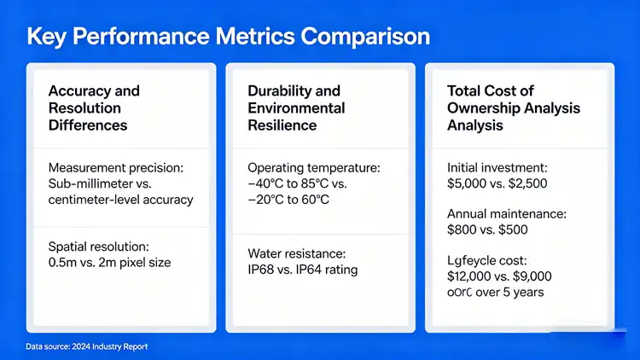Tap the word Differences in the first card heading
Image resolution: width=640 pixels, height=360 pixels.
(x=88, y=125)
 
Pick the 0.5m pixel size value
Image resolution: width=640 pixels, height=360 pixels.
(x=65, y=262)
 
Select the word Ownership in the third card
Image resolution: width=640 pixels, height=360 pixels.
(x=483, y=108)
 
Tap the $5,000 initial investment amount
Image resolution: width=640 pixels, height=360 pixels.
(x=469, y=183)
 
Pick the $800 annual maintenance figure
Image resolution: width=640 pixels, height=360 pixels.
(x=463, y=229)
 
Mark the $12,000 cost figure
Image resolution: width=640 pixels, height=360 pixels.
(x=474, y=276)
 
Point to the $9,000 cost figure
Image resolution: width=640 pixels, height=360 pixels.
(x=531, y=276)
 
